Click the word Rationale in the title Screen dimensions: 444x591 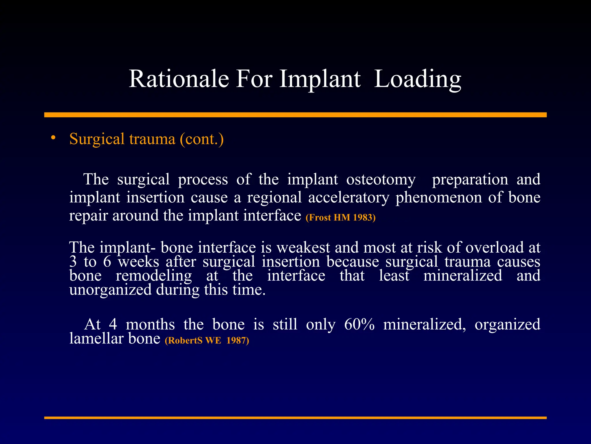coord(179,79)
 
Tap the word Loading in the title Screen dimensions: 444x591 coord(418,79)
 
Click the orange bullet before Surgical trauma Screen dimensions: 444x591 coord(53,138)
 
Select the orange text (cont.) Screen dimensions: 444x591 coord(202,139)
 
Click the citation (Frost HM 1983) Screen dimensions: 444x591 coord(341,217)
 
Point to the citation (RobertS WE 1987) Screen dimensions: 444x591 coord(207,340)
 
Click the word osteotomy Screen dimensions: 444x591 coord(381,180)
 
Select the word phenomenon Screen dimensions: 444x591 coord(439,198)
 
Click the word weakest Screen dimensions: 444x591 coord(303,247)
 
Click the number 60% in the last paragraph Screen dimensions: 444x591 coord(359,324)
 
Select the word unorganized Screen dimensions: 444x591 coord(110,290)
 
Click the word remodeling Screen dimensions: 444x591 coord(154,275)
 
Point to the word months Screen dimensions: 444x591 coord(150,324)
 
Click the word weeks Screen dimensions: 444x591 coord(138,262)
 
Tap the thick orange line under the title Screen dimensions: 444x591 coord(295,115)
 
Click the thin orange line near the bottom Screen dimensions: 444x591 coord(295,418)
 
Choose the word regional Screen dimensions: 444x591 coord(274,198)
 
